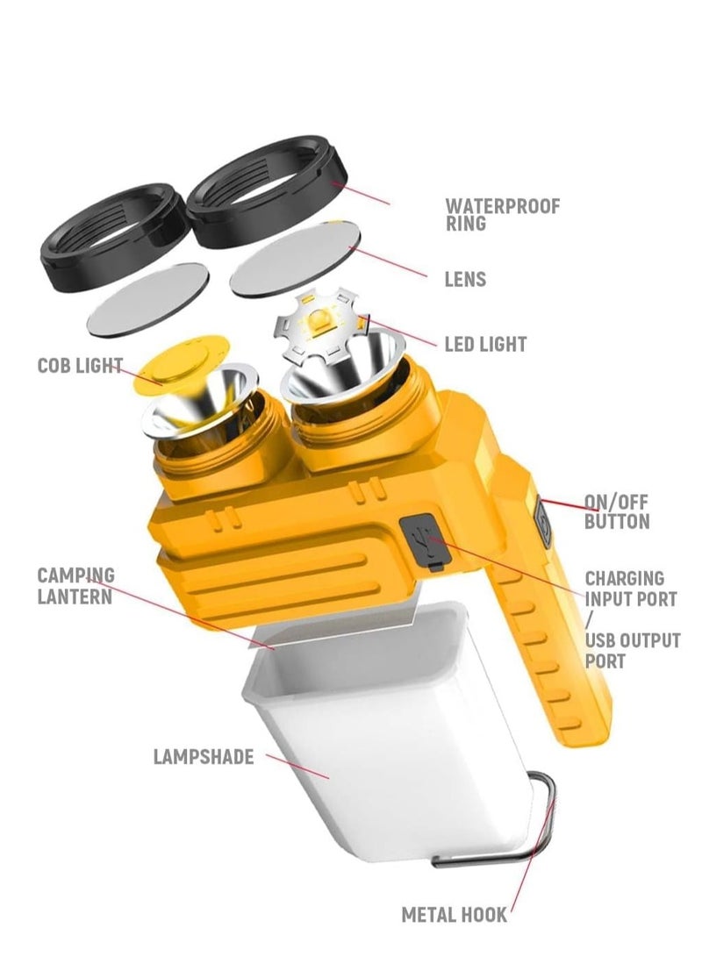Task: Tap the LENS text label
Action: click(x=464, y=280)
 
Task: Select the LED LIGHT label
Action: click(x=485, y=345)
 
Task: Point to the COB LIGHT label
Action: click(x=80, y=366)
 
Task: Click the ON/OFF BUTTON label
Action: click(x=617, y=512)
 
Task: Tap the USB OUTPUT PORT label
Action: click(x=632, y=650)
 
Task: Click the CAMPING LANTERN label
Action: click(x=75, y=586)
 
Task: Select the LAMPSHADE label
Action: click(x=204, y=756)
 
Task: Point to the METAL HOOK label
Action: click(x=454, y=915)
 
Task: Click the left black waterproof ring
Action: click(x=114, y=227)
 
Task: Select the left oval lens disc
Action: click(x=148, y=299)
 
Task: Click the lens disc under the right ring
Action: click(x=296, y=258)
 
